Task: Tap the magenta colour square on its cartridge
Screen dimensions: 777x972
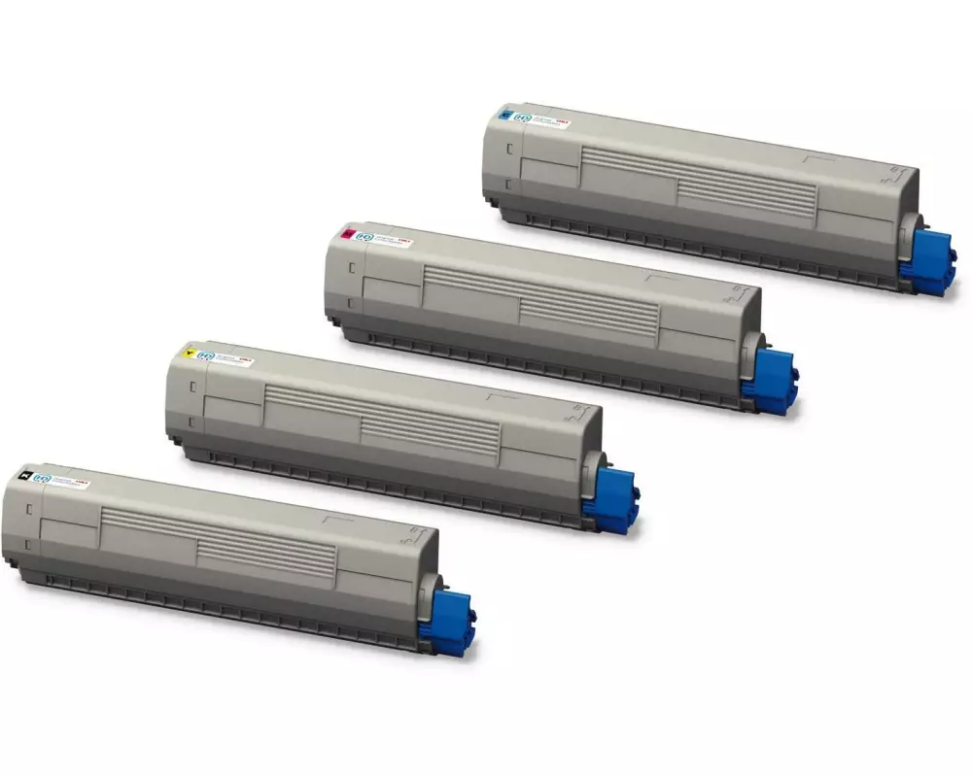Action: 347,232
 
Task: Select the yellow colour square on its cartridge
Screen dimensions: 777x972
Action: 188,351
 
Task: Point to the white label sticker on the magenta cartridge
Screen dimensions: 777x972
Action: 383,238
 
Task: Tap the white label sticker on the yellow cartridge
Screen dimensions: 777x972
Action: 225,357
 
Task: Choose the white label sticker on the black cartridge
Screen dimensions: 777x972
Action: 61,481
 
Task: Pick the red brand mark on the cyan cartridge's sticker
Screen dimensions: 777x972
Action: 562,119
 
